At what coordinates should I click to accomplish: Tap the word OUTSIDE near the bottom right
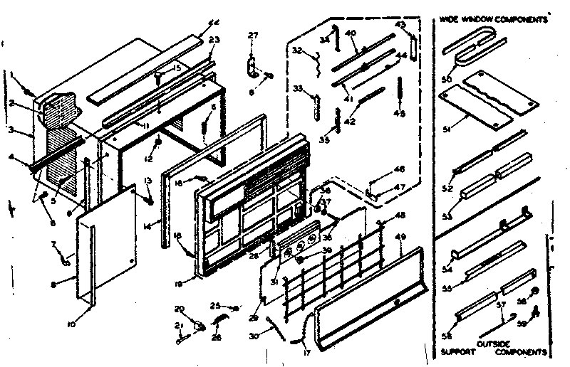click(494, 343)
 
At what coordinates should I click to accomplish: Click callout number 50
click(447, 78)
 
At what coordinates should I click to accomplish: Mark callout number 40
click(351, 33)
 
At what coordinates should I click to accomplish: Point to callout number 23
click(214, 39)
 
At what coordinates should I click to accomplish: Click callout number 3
click(12, 130)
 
